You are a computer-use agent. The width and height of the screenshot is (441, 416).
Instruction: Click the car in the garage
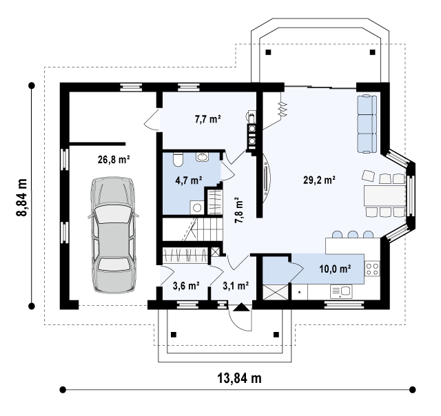pos(113,236)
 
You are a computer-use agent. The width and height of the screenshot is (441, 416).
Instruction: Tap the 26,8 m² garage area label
pos(114,160)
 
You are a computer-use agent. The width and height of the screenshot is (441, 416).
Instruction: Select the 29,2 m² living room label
pos(319,180)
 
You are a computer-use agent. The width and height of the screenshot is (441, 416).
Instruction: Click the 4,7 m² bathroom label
pos(189,180)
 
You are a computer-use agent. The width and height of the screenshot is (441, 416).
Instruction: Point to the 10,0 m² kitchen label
pos(335,269)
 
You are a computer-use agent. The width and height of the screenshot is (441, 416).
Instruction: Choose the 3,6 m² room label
pos(186,286)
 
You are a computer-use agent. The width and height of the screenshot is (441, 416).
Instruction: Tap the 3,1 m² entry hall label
pos(236,286)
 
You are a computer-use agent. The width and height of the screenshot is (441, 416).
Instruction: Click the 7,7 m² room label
pos(207,119)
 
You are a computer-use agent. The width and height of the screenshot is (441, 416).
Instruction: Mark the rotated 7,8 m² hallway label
pos(239,209)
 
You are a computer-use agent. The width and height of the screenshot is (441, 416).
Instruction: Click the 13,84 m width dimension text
pos(239,378)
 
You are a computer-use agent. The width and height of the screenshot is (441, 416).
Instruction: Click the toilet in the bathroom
pos(178,159)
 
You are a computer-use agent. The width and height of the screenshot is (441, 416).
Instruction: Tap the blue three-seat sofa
pos(367,124)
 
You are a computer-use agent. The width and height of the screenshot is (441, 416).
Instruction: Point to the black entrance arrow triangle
pos(242,307)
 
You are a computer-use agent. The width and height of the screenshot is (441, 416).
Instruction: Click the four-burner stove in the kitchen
pos(372,269)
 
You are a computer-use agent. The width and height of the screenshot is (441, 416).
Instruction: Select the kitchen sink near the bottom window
pos(341,291)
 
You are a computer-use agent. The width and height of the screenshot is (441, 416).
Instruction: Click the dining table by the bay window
pos(384,195)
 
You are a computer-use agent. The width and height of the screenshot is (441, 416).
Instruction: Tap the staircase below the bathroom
pos(194,229)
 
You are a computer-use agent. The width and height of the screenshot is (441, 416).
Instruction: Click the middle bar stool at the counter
pos(353,234)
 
